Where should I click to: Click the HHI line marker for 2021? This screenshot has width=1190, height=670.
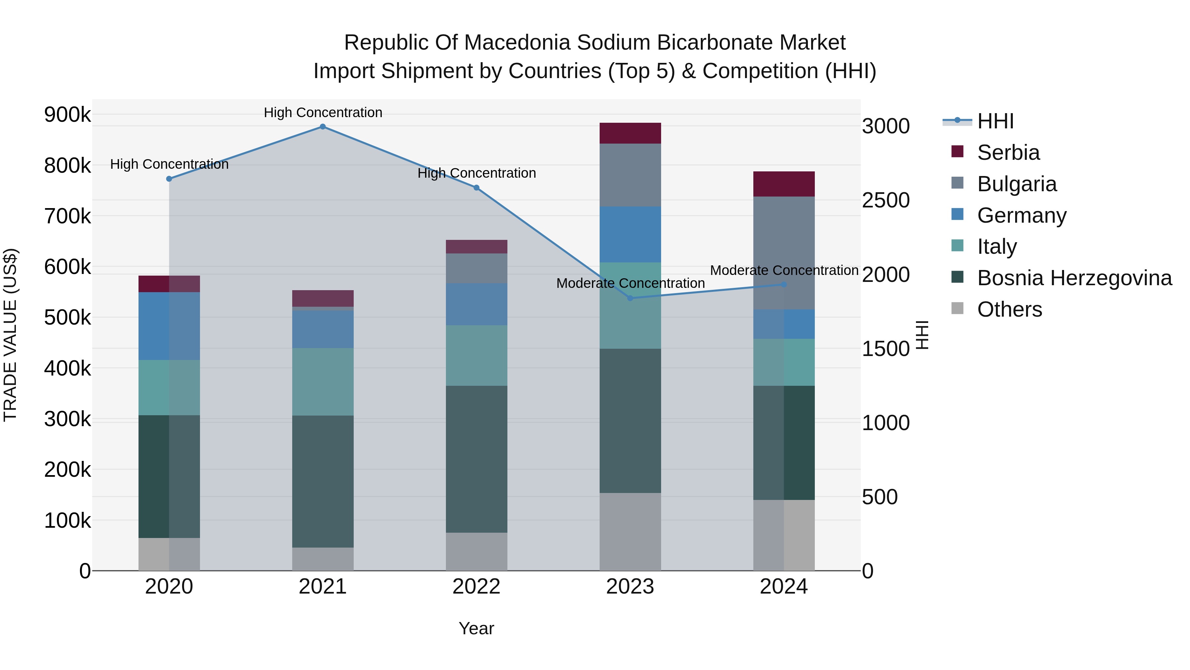[x=323, y=127]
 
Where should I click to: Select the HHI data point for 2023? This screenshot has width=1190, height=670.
[x=630, y=298]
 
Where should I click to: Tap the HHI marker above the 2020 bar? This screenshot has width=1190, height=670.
[x=169, y=179]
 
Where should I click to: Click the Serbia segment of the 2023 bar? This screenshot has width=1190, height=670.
[x=630, y=133]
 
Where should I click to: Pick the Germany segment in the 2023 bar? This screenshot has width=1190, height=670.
[x=630, y=235]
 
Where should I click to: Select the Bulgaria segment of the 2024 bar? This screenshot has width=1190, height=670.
[x=784, y=253]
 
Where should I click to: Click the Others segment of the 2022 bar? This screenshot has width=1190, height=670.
[x=476, y=552]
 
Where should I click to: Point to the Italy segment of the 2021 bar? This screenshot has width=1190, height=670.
[x=323, y=382]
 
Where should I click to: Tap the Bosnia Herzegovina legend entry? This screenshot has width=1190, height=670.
[x=1074, y=278]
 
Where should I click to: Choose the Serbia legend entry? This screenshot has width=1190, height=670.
[x=1009, y=153]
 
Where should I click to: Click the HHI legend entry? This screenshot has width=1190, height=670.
[x=996, y=121]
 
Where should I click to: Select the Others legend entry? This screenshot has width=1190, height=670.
[x=1010, y=309]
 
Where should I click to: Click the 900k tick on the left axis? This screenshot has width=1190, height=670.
[x=67, y=115]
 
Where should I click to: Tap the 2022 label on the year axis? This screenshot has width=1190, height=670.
[x=476, y=587]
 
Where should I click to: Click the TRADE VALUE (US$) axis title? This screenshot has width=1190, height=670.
[x=10, y=335]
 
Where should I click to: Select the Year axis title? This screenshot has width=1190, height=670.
[x=476, y=628]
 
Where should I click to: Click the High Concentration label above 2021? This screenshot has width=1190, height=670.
[x=323, y=112]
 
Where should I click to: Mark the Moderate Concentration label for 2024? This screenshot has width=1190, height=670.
[x=784, y=271]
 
